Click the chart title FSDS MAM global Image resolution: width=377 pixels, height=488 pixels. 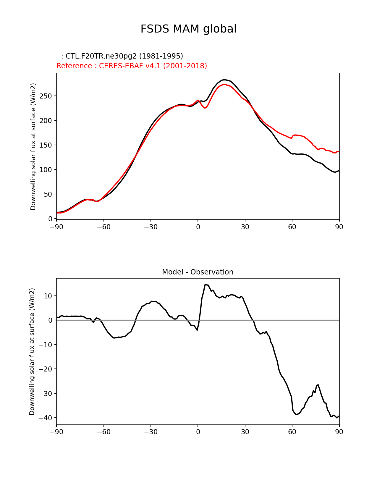coord(188,29)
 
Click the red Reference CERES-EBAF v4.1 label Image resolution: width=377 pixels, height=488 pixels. coord(132,66)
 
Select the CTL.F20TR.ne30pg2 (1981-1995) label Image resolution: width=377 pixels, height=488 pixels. coord(122,56)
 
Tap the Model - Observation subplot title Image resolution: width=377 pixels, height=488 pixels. coord(198,272)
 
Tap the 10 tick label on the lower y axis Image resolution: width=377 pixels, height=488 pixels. coord(48,296)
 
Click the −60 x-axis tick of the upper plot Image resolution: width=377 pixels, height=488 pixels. coord(103,227)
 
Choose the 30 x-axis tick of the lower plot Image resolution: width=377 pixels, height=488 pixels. coord(245,432)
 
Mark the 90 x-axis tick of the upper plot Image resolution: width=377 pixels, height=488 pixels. coord(339,227)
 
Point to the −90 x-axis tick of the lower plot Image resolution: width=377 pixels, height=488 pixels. coord(56,432)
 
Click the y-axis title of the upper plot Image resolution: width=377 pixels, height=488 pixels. coord(33,146)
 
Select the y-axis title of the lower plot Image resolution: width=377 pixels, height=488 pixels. coord(32,351)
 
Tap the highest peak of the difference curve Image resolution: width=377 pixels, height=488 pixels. coord(206,285)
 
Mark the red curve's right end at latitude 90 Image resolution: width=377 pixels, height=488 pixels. coord(339,151)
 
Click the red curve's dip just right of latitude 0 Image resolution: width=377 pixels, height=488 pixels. coord(205,108)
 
